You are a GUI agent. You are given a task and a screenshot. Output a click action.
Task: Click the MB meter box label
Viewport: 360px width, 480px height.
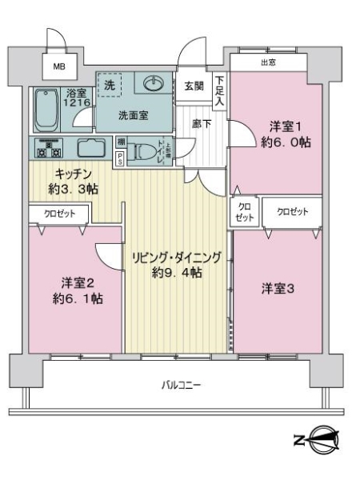point(59,67)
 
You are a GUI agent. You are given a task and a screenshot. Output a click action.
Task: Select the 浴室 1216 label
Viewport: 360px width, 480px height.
point(76,98)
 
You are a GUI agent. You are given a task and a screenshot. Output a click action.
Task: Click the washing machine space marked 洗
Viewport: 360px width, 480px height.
point(110,85)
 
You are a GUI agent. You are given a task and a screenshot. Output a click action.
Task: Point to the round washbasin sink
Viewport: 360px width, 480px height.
point(152,83)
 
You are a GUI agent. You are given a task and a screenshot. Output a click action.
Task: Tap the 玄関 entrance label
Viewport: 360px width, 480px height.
point(194,86)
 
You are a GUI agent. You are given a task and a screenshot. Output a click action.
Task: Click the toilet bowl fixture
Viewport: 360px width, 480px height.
point(146,151)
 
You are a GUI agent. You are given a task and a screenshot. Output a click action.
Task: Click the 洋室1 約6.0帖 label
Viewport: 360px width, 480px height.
point(286,134)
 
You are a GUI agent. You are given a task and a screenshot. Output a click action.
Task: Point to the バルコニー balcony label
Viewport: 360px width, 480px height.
point(180,385)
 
